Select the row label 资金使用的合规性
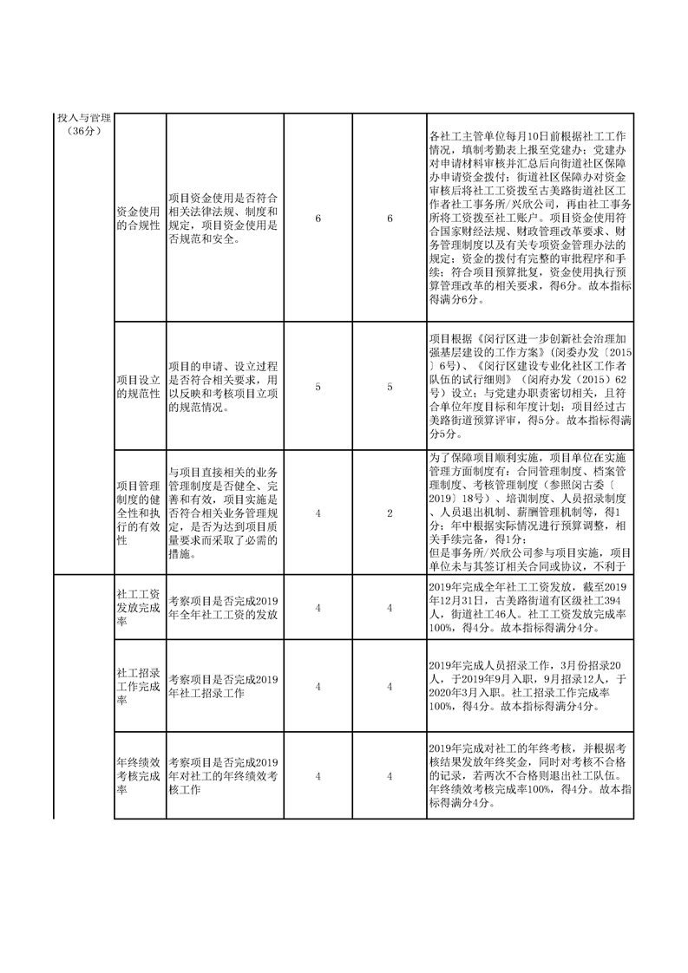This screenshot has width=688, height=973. coord(138,218)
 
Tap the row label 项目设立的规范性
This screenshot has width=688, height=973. coord(138,388)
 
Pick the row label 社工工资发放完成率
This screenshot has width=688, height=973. coord(138,608)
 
